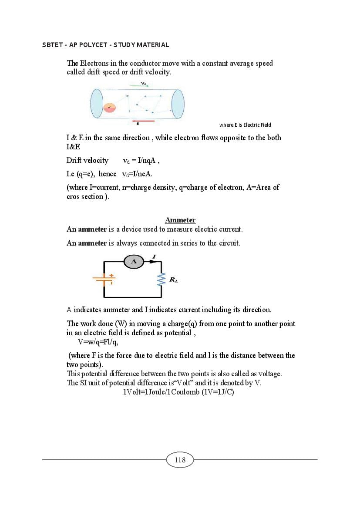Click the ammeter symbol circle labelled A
[134, 261]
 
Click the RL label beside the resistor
[173, 280]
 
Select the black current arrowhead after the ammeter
[153, 261]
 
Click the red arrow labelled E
[143, 120]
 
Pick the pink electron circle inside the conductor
[109, 107]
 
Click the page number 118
[180, 460]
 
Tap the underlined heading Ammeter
[180, 220]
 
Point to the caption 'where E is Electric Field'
[245, 125]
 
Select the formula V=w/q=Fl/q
[98, 341]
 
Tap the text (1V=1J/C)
[218, 392]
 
